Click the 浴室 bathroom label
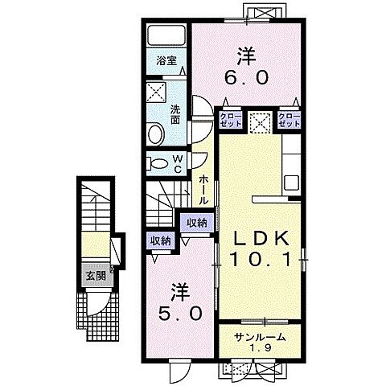[166, 61]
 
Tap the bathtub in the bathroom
[166, 35]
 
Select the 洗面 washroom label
[175, 114]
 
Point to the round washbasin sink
[156, 134]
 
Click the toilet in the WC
[158, 163]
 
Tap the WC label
[178, 164]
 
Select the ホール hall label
[204, 190]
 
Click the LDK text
[261, 238]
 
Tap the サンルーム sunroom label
[259, 337]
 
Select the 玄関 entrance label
[96, 276]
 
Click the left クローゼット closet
[231, 120]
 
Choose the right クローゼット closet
[289, 120]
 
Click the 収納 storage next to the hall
[197, 223]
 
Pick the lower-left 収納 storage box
[161, 241]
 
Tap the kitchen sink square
[292, 183]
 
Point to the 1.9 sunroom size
[259, 348]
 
